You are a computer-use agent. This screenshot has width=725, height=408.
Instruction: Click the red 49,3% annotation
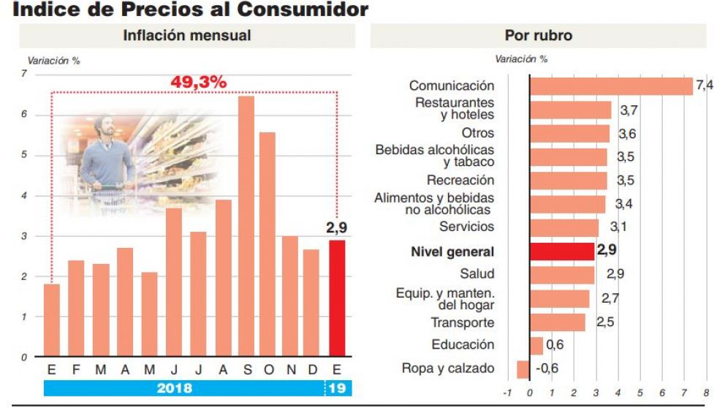pos(198,83)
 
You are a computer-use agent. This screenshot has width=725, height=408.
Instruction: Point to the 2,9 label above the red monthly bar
pos(336,228)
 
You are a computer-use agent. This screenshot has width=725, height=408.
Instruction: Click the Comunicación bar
pos(610,86)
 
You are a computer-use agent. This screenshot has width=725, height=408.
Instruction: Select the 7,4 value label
pos(705,86)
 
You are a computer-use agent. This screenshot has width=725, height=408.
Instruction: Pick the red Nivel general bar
pos(561,252)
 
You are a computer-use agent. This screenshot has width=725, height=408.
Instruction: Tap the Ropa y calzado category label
pos(448,369)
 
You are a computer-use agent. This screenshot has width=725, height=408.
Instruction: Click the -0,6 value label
pos(547,369)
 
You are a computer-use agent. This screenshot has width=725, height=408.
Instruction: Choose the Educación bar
pos(536,345)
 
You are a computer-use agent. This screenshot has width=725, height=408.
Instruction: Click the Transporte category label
pos(462,322)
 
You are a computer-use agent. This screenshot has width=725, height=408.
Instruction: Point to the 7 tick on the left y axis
pos(24,75)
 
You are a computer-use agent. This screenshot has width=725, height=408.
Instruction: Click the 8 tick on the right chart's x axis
pos(707,393)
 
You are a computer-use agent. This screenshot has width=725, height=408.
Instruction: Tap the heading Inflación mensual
pos(187,36)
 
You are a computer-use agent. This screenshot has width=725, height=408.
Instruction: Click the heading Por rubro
pos(538,36)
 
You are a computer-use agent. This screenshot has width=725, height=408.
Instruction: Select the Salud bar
pos(561,275)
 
